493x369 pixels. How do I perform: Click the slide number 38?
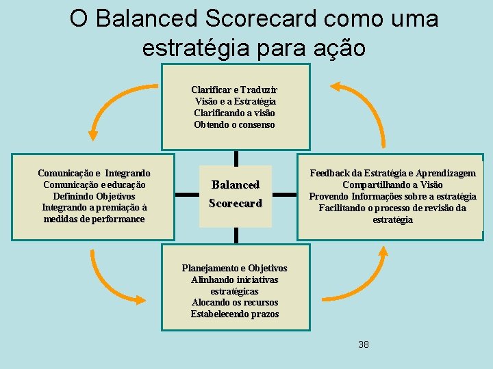tap(363, 344)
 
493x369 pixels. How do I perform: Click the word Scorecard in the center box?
tap(236, 204)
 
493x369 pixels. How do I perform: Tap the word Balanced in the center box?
tap(236, 184)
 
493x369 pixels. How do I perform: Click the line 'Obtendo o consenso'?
tap(235, 124)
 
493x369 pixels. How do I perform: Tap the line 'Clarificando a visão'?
tap(235, 113)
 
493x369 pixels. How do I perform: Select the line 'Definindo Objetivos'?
tap(94, 196)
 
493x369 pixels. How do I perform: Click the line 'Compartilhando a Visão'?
tap(392, 184)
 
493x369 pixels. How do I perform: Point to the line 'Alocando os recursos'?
tap(235, 303)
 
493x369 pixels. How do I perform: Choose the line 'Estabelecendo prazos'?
tap(235, 314)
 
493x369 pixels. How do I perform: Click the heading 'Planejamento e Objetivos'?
tap(235, 268)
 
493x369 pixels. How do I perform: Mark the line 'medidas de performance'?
tap(94, 219)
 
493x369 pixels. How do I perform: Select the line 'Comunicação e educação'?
tap(94, 184)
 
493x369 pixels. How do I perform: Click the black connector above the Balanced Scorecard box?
tap(236, 158)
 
